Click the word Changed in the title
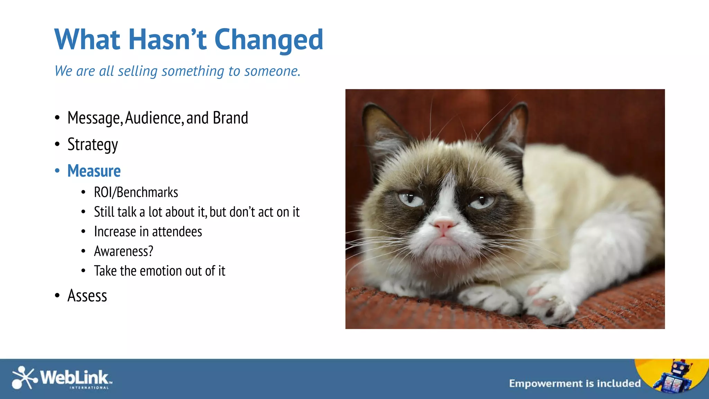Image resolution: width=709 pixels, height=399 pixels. pyautogui.click(x=269, y=39)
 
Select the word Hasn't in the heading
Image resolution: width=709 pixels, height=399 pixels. pyautogui.click(x=167, y=39)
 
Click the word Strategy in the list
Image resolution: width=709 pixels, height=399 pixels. pyautogui.click(x=92, y=144)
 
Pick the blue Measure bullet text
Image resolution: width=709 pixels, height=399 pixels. pyautogui.click(x=94, y=171)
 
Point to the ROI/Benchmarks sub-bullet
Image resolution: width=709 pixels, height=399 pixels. pyautogui.click(x=136, y=192)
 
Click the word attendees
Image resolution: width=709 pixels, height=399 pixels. pyautogui.click(x=177, y=232)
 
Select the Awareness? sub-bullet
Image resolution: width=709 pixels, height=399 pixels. pyautogui.click(x=123, y=251)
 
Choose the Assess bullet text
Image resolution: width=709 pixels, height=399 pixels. pyautogui.click(x=87, y=296)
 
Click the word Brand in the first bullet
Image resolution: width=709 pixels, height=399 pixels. pyautogui.click(x=230, y=118)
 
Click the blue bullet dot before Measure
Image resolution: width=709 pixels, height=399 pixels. pyautogui.click(x=57, y=171)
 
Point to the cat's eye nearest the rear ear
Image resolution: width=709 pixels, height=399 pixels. pyautogui.click(x=482, y=201)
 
